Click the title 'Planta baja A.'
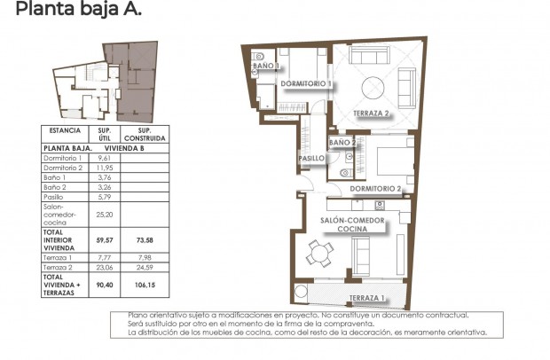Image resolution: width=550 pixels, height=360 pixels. (78, 12)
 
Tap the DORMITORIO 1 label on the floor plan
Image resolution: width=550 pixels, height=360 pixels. (305, 84)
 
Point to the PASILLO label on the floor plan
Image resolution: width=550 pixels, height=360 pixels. (310, 158)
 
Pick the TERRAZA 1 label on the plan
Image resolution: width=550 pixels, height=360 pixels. (366, 297)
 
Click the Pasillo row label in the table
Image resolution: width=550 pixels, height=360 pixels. (53, 197)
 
